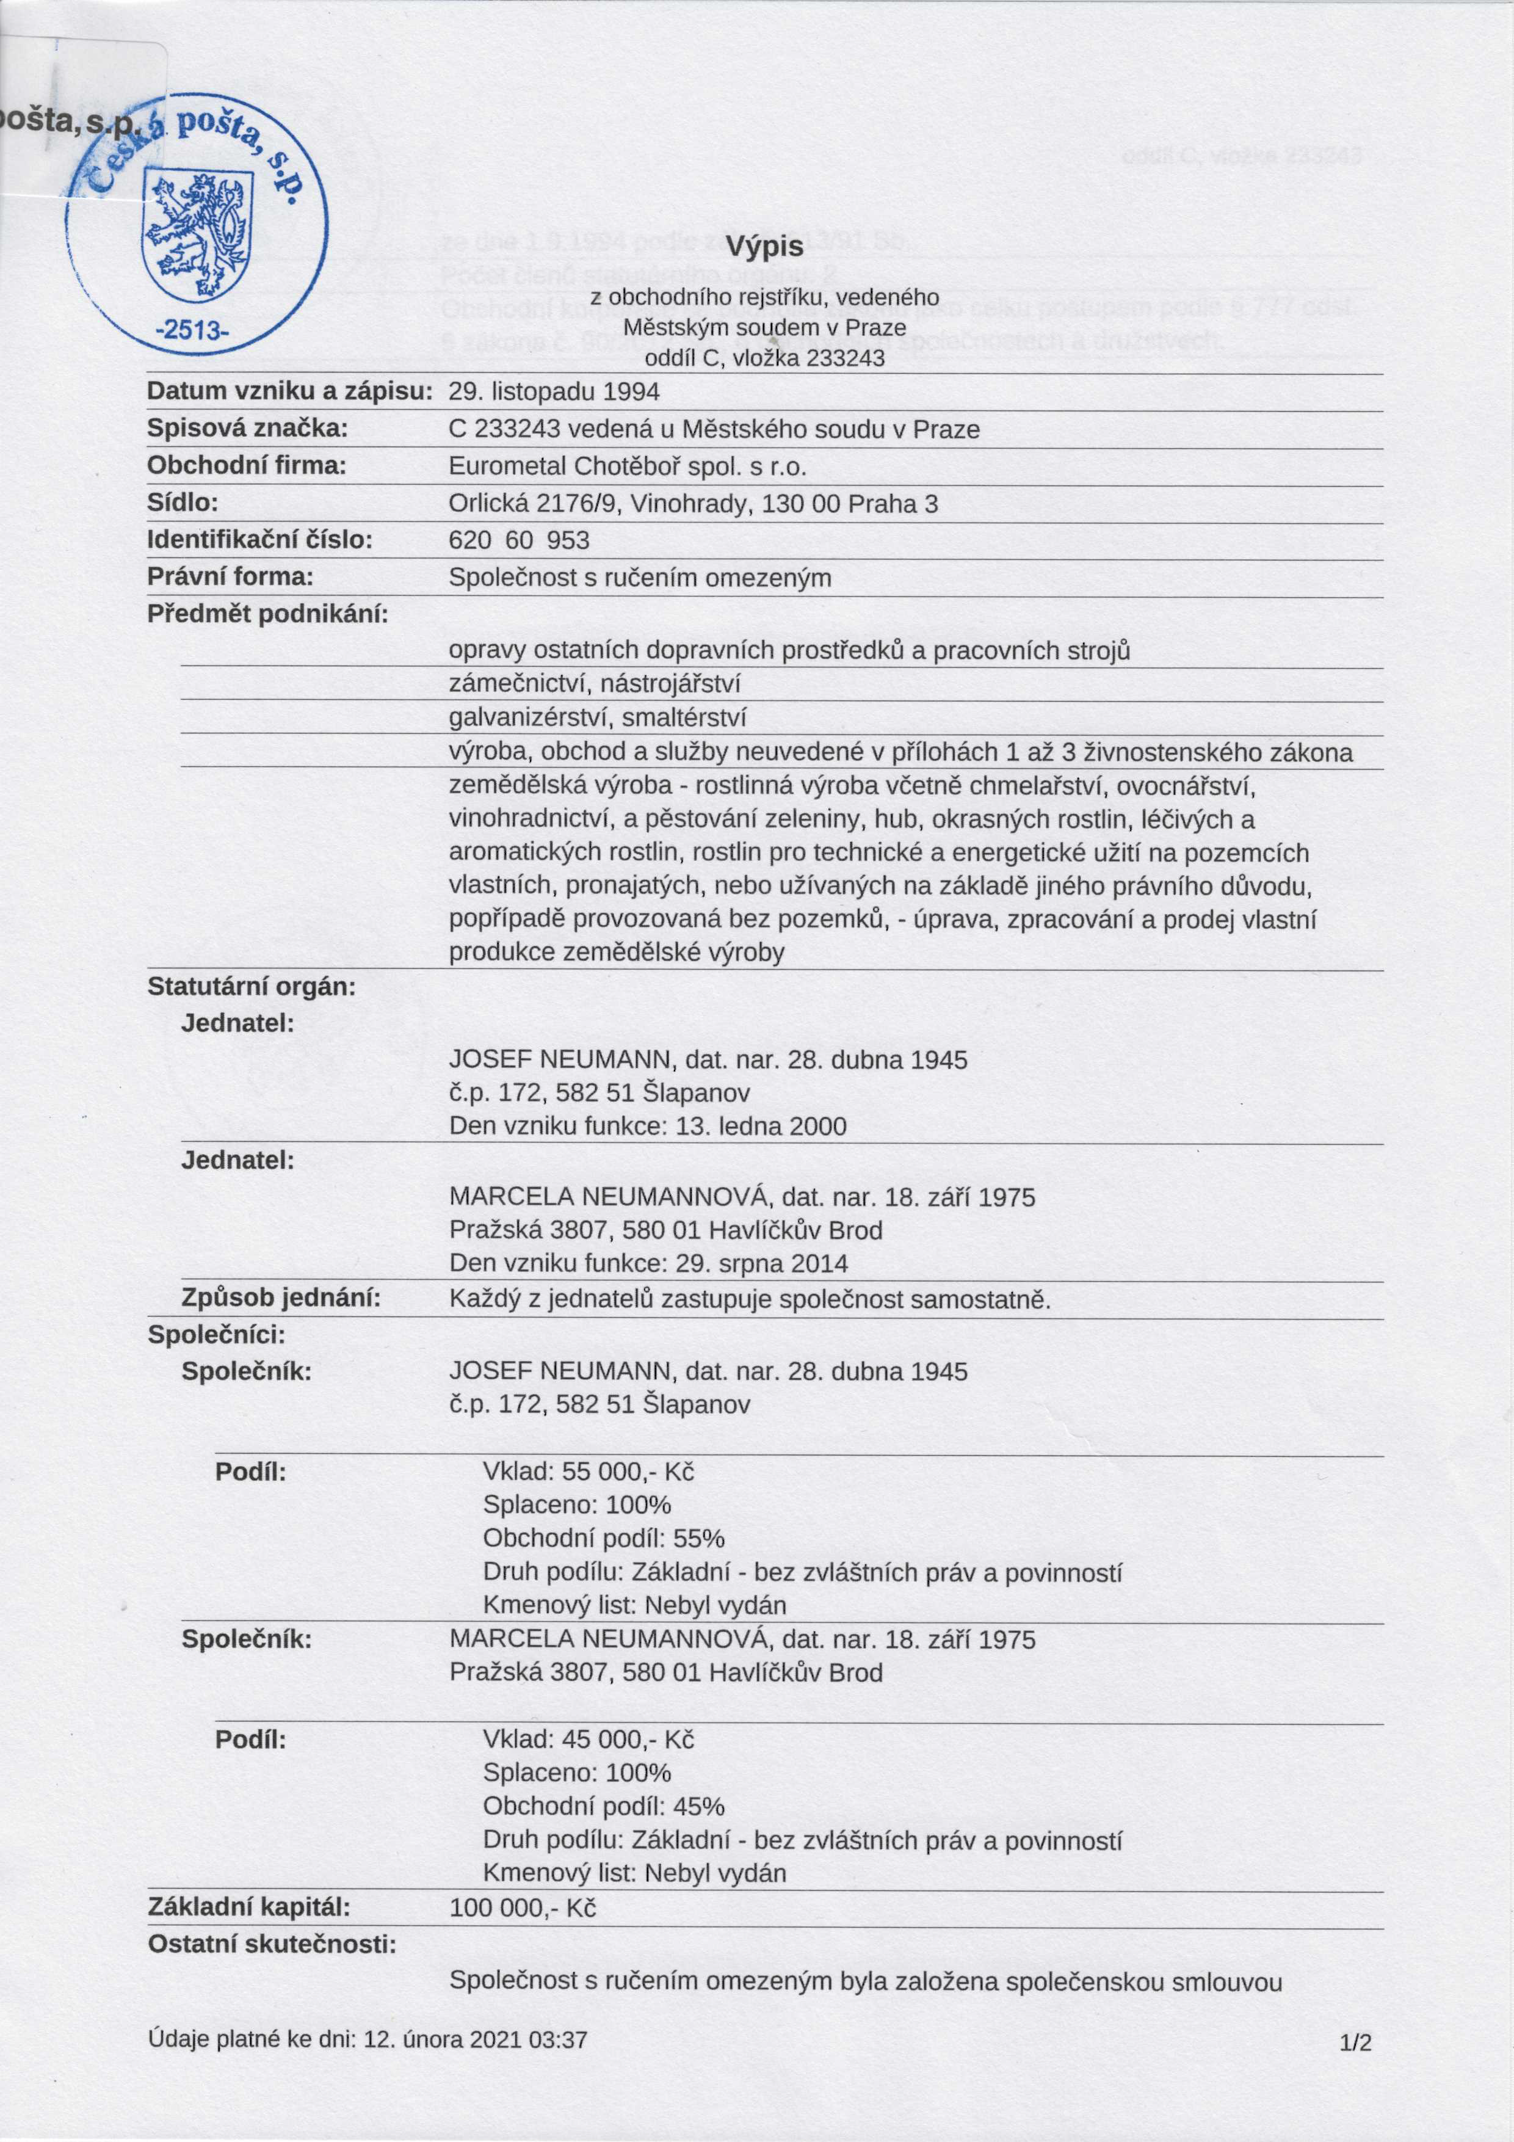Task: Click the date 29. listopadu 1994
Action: [x=554, y=392]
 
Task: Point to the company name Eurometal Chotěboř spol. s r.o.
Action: [x=627, y=467]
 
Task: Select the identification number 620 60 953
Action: [x=519, y=540]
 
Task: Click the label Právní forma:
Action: [x=230, y=578]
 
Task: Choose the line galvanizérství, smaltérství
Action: [x=597, y=717]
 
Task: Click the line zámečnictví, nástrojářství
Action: [x=593, y=684]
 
